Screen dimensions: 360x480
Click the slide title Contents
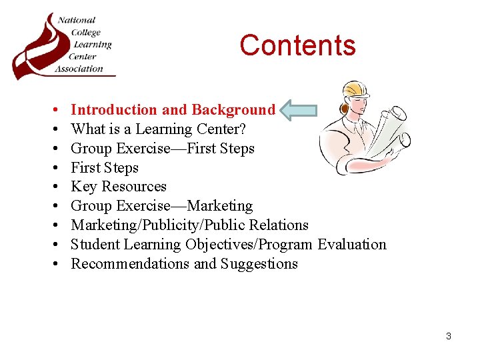click(x=297, y=45)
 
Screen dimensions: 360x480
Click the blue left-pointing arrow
click(x=297, y=110)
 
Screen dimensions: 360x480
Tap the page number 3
click(x=448, y=336)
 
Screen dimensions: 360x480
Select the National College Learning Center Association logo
click(x=63, y=45)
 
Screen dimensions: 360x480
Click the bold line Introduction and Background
click(x=173, y=110)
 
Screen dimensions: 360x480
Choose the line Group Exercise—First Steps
click(x=163, y=149)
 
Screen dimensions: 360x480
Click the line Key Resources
click(x=119, y=187)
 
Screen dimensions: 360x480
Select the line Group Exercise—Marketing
click(x=162, y=206)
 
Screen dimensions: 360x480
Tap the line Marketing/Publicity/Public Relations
click(x=189, y=225)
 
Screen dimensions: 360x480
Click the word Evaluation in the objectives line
click(x=352, y=245)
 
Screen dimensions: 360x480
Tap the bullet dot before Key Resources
click(x=52, y=187)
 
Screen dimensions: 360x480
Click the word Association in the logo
click(x=79, y=68)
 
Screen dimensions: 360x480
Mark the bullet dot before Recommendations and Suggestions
click(x=52, y=265)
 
